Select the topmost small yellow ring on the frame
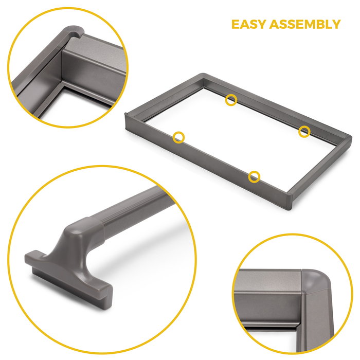[x=231, y=100]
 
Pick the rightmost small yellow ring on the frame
[x=304, y=131]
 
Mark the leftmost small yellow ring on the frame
[x=178, y=137]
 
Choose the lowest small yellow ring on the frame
[x=254, y=177]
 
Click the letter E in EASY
[x=235, y=24]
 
